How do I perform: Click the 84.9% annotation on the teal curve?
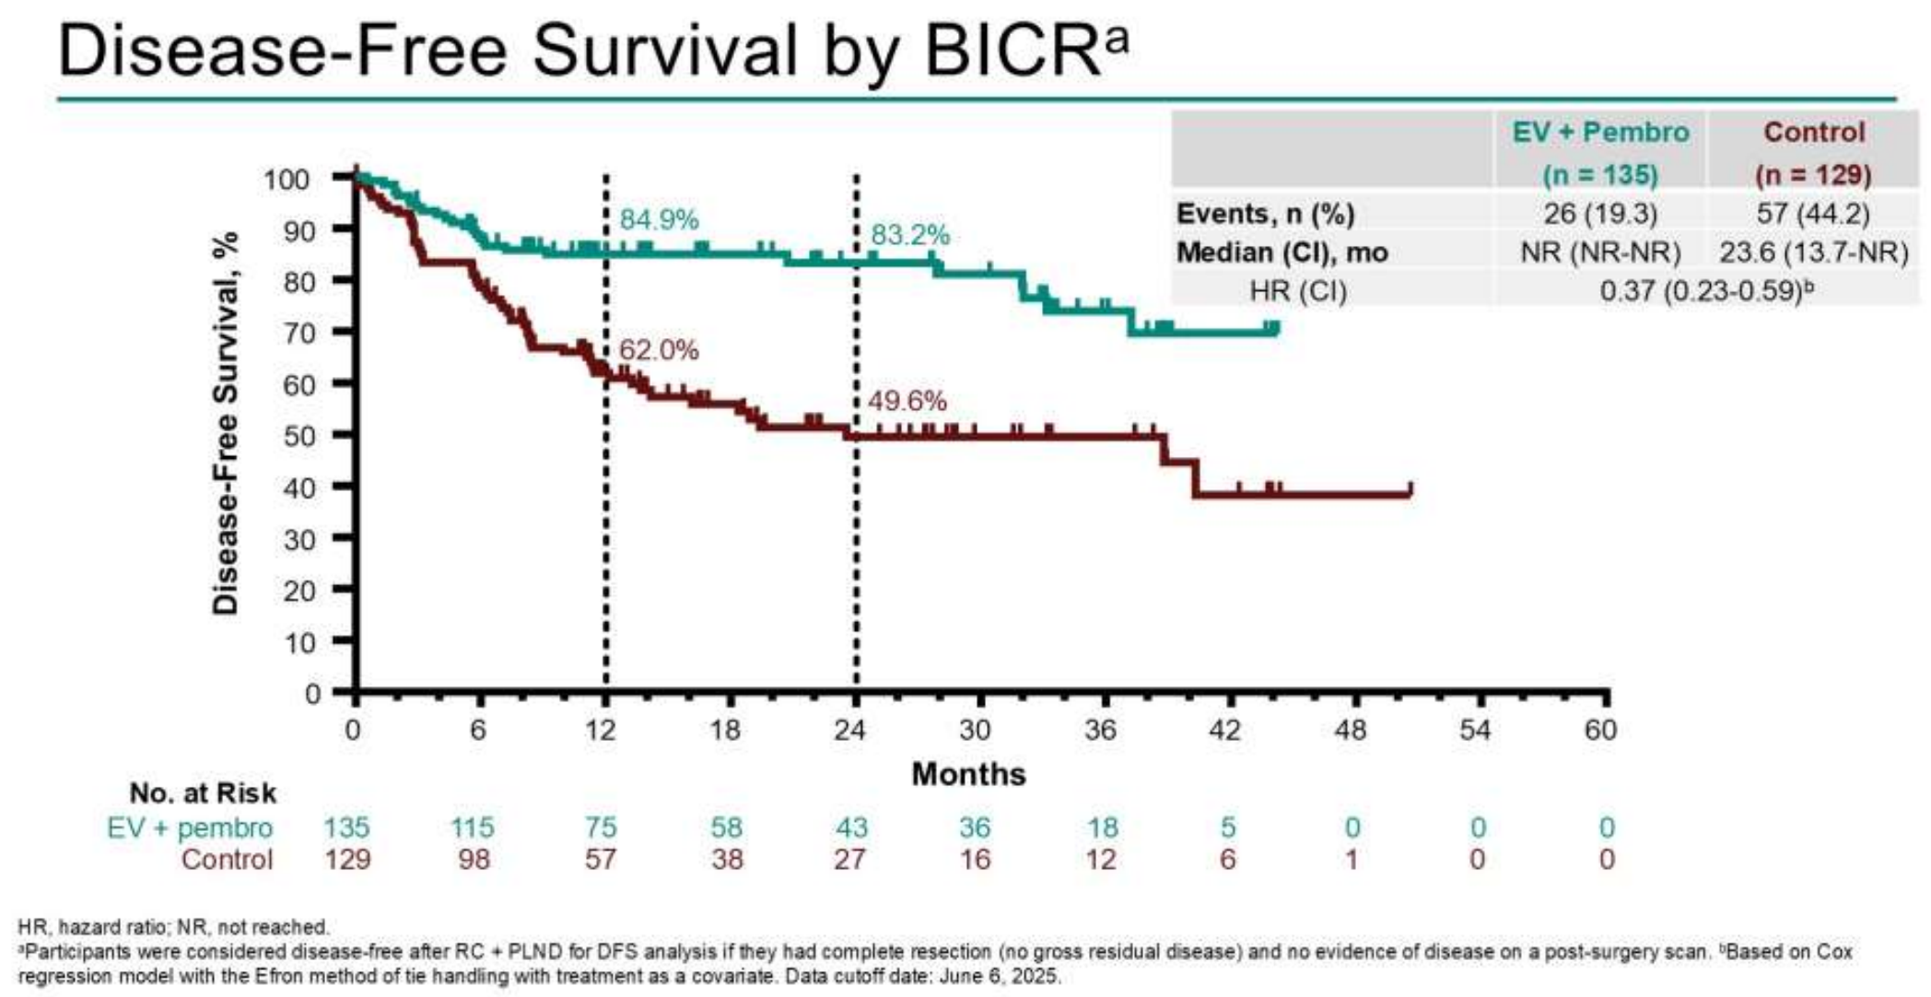[x=659, y=220]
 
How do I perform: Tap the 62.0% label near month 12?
[x=659, y=350]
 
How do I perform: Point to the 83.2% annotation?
[x=909, y=236]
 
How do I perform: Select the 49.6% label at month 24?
[x=907, y=401]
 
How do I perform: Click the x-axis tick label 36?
[x=1100, y=731]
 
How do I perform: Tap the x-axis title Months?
[x=968, y=774]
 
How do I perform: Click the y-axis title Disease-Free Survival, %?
[x=226, y=423]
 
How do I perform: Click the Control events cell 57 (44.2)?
[x=1812, y=214]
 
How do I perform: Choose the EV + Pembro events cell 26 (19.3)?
[x=1600, y=214]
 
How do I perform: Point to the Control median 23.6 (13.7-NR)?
[x=1813, y=252]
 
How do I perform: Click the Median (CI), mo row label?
[x=1281, y=252]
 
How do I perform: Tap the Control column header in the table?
[x=1813, y=133]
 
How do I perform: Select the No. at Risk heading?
[x=203, y=793]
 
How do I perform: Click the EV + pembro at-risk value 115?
[x=473, y=827]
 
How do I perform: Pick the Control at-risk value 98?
[x=474, y=860]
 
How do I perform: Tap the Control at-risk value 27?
[x=849, y=860]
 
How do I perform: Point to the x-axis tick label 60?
[x=1600, y=731]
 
